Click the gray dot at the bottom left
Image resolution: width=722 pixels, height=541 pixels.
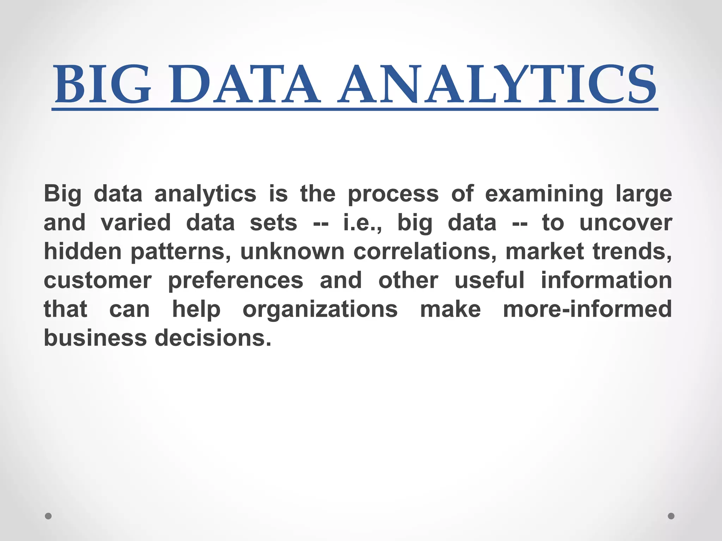tap(48, 516)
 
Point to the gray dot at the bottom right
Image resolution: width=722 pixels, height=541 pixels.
tap(671, 516)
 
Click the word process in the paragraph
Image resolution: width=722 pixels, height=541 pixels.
tap(393, 194)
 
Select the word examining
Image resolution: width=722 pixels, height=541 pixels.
tap(544, 194)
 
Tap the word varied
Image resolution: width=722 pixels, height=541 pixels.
tap(136, 223)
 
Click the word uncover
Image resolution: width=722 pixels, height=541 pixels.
tap(626, 223)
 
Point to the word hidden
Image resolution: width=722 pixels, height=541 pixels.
tap(82, 251)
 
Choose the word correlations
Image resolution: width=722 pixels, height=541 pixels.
tap(425, 251)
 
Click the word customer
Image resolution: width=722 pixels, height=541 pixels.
tap(98, 280)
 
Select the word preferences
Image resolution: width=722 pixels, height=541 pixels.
tap(235, 281)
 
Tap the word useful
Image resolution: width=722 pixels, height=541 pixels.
tap(489, 280)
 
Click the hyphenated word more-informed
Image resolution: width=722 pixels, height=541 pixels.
tap(587, 309)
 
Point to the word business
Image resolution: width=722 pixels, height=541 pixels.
tap(95, 338)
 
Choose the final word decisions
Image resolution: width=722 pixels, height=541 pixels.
tap(213, 338)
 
